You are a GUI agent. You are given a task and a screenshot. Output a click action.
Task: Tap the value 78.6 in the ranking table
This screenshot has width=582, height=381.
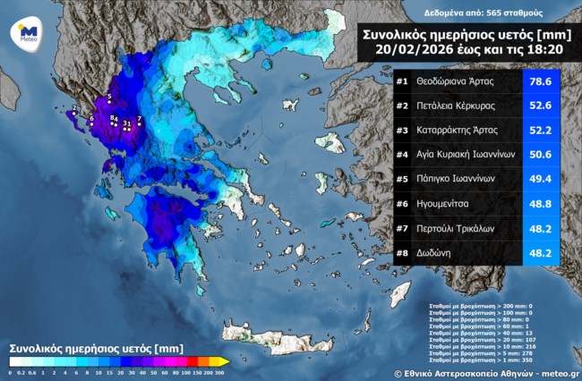[541, 82]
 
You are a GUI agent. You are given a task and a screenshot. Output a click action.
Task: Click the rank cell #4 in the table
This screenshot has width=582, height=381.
[402, 155]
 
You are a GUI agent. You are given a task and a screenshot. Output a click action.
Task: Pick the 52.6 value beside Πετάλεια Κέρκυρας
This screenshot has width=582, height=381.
[541, 106]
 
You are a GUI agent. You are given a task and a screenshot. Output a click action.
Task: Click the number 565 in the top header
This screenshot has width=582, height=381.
[486, 13]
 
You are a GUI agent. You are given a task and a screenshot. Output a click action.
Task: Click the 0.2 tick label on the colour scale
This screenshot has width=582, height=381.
[21, 371]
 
